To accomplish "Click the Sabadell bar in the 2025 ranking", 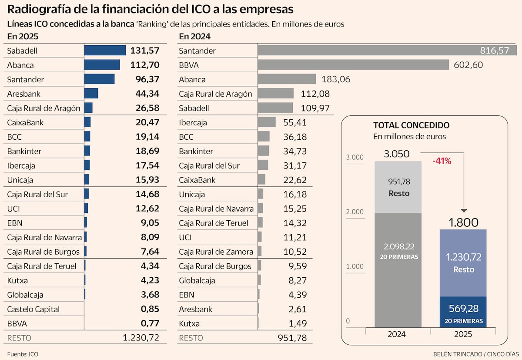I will click(x=105, y=50).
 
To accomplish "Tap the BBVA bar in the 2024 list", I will click(x=353, y=65).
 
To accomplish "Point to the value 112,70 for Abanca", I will click(x=145, y=65).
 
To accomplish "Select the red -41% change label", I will click(x=442, y=161).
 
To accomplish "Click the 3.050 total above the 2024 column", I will click(x=398, y=154).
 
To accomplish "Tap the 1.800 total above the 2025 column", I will click(x=463, y=223).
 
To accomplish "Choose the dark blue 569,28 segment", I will click(x=463, y=311).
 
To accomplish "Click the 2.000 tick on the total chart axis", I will click(x=355, y=212).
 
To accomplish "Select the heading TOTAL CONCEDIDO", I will click(x=411, y=125).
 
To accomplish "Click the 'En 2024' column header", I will click(x=192, y=37).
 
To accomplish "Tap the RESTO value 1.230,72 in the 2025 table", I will click(x=141, y=337).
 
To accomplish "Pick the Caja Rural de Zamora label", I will click(x=216, y=252).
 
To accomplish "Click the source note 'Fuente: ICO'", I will click(x=23, y=354).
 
